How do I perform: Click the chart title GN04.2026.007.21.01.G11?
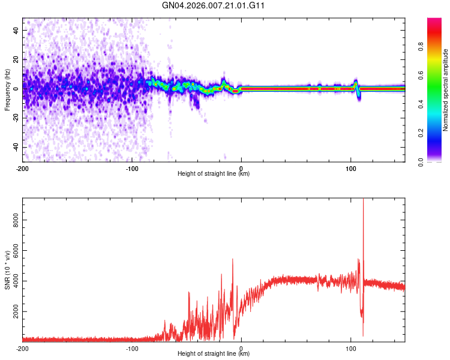(214, 5)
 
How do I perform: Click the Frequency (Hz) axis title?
(7, 90)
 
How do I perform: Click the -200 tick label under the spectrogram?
(23, 168)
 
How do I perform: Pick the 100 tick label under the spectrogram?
(350, 168)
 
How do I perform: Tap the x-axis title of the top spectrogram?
(214, 174)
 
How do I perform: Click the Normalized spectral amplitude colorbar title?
(446, 90)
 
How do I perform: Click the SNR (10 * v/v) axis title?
(7, 270)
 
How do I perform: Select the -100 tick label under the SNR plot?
(132, 348)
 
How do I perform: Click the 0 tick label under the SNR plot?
(241, 348)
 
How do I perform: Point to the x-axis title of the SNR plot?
(214, 354)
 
